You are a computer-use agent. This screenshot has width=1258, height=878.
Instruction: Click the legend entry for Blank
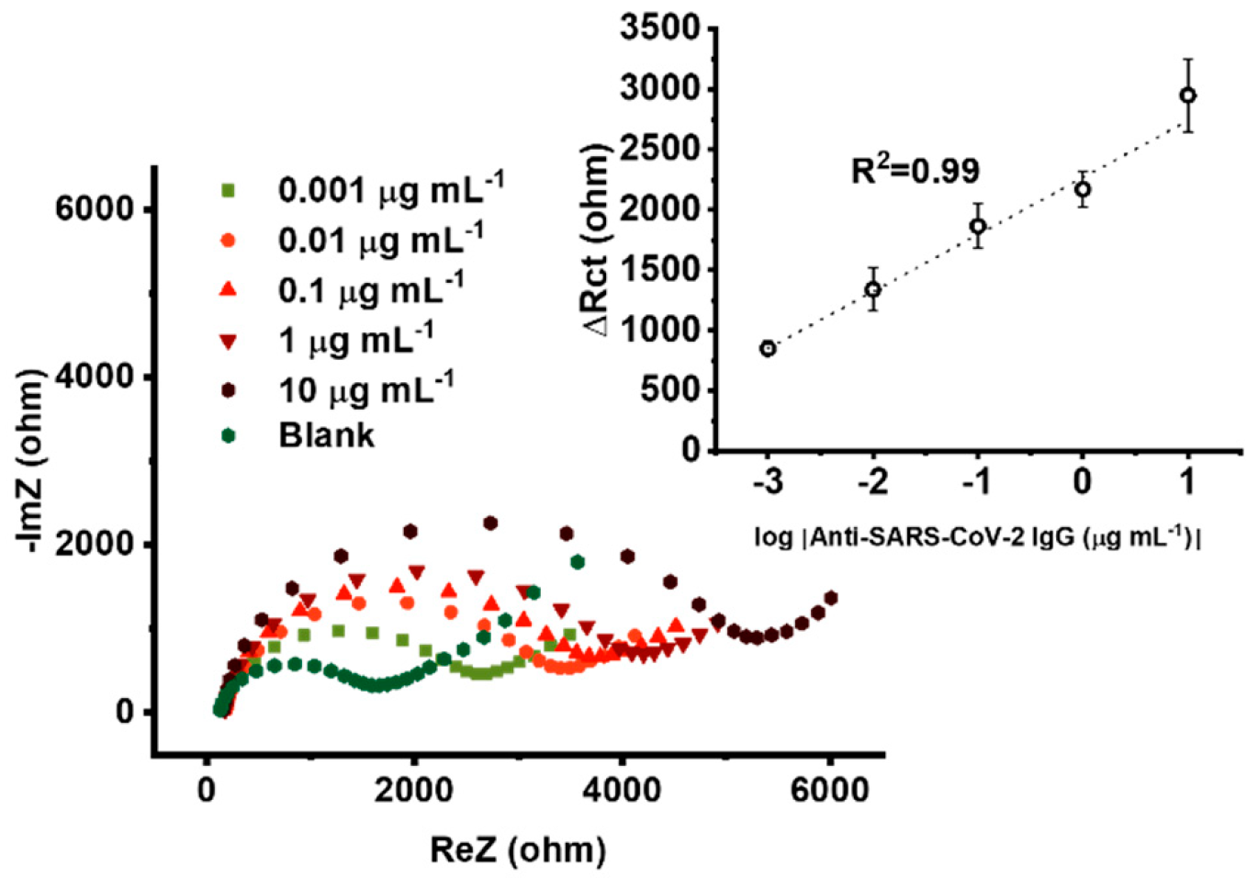[326, 435]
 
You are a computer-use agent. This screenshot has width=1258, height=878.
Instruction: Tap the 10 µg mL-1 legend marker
[229, 390]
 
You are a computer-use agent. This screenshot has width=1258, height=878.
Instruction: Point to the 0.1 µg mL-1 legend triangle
[229, 290]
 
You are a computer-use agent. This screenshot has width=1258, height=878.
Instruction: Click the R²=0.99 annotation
[915, 171]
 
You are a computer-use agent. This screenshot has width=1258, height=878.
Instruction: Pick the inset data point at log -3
[768, 348]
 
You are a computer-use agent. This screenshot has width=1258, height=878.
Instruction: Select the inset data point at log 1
[1187, 96]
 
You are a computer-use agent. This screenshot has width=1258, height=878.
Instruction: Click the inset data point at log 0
[1083, 190]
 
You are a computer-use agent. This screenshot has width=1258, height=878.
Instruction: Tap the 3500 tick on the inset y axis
[660, 28]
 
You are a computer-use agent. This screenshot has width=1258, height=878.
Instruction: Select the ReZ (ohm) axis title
[518, 850]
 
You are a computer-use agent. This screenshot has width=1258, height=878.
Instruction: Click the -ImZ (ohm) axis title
[30, 461]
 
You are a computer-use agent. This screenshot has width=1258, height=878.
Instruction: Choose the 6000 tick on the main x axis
[828, 790]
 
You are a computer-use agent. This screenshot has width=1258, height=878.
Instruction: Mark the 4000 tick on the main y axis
[95, 377]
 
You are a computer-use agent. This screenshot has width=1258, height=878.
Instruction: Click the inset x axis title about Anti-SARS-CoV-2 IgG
[977, 536]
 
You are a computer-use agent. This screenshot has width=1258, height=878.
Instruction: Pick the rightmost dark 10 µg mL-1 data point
[831, 599]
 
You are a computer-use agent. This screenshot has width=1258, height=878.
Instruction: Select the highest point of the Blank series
[577, 562]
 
